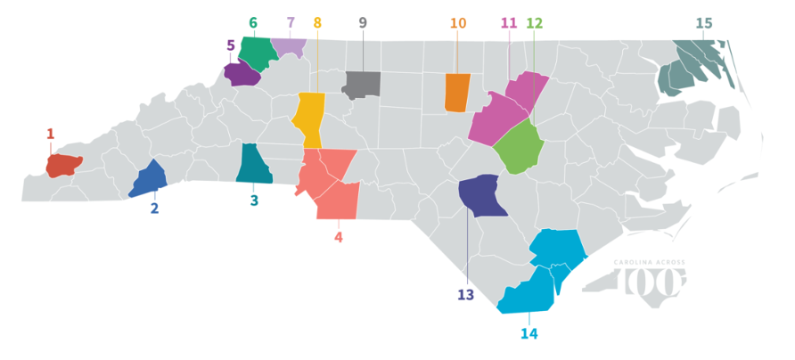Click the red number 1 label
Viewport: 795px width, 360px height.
pos(50,135)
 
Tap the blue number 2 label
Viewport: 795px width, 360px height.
pos(154,209)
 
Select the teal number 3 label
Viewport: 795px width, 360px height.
pos(254,201)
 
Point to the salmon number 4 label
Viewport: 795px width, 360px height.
pos(338,237)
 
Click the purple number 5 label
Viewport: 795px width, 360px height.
pos(230,45)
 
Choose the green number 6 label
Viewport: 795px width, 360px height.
pos(253,22)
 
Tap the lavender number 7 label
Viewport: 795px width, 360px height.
pos(291,22)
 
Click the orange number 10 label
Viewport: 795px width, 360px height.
pos(458,23)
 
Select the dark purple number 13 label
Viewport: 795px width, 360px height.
pos(466,294)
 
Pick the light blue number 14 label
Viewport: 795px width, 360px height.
pos(529,334)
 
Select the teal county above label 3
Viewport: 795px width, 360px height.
pos(252,165)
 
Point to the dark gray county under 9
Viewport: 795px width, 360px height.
pos(363,84)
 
